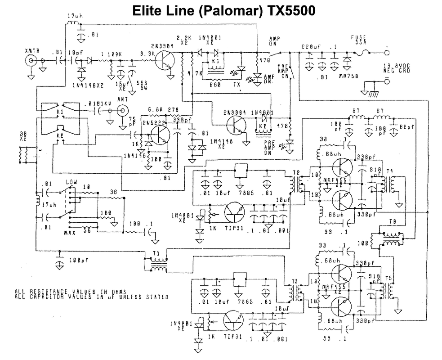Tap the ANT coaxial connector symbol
pyautogui.click(x=122, y=109)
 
